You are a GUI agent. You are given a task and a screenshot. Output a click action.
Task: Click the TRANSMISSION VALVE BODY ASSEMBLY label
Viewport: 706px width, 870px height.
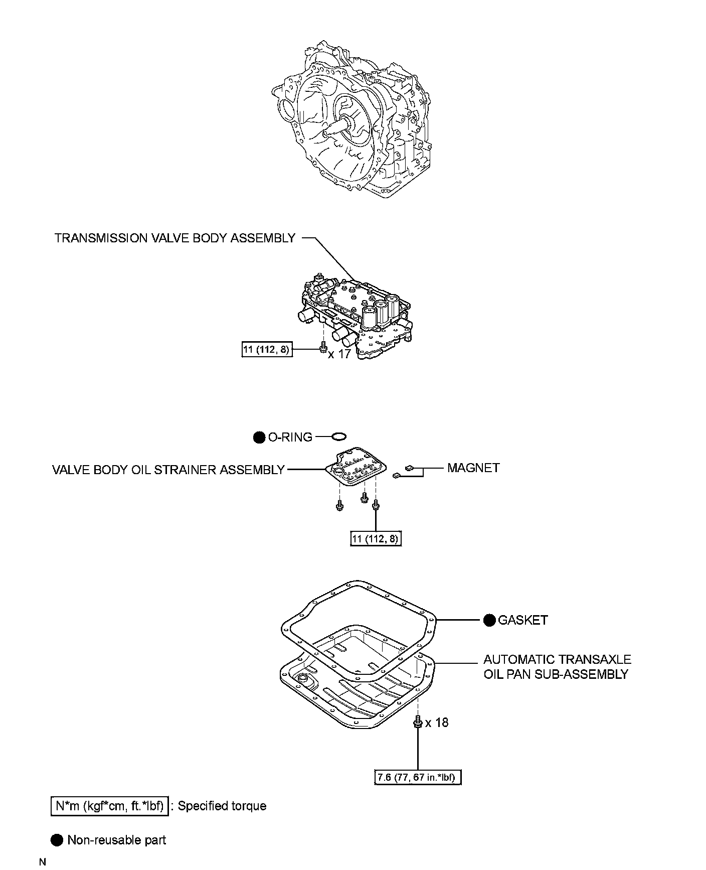point(174,238)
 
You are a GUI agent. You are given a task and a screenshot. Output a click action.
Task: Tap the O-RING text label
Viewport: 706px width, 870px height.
point(290,438)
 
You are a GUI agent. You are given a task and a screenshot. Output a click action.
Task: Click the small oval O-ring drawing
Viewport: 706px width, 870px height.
point(338,437)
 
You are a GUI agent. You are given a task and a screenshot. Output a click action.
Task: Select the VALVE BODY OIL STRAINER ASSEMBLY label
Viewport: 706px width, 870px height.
point(168,470)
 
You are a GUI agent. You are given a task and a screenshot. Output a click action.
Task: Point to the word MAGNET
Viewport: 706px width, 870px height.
point(473,468)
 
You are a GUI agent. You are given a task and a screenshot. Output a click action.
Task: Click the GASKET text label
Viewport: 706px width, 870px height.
point(522,620)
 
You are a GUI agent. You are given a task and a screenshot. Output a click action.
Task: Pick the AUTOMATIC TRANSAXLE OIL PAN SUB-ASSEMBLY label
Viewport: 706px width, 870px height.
point(557,667)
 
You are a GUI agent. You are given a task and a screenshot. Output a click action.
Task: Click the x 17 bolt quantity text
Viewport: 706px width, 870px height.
point(339,354)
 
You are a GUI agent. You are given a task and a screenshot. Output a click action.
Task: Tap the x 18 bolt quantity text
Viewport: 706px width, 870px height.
point(437,722)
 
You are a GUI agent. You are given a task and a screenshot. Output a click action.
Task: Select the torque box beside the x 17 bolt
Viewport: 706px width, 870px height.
point(266,349)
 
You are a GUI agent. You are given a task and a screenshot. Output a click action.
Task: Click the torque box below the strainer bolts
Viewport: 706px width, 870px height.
point(376,539)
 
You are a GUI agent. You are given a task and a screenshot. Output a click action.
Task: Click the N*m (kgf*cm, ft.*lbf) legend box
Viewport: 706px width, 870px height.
point(110,806)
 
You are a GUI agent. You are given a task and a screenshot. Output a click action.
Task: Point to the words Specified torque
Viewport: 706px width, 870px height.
point(222,806)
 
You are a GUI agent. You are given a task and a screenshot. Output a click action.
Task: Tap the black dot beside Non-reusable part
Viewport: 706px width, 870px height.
point(58,840)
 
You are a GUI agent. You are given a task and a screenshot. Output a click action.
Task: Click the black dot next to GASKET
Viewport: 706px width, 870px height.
point(489,620)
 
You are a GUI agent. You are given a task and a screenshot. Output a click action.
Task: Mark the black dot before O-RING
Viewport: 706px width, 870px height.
point(259,438)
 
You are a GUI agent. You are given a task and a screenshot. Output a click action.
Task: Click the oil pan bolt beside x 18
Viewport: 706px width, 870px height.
point(417,723)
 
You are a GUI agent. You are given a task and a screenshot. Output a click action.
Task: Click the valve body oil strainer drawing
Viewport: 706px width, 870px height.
point(356,467)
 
